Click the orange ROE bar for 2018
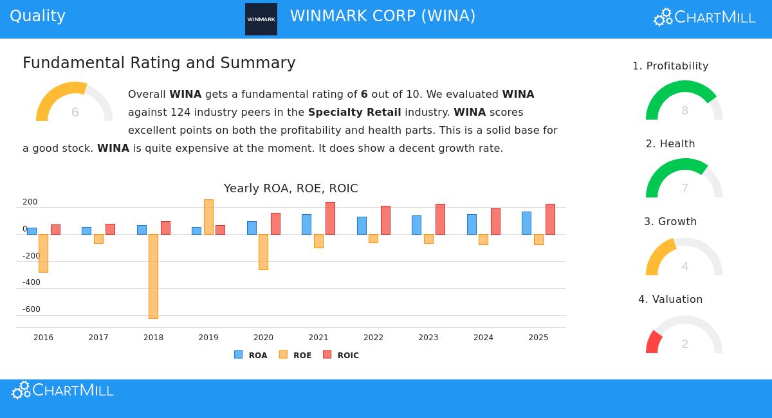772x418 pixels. pos(153,276)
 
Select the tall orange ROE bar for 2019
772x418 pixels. pos(208,217)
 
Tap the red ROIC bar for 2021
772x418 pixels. pos(330,218)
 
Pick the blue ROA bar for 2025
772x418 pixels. pos(526,223)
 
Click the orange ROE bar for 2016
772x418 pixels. pos(43,253)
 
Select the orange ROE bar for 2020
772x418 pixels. pos(263,251)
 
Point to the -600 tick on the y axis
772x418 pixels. pos(31,309)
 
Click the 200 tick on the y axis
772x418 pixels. pos(30,202)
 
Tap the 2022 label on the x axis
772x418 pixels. pos(373,338)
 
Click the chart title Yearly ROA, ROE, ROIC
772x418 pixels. pos(291,188)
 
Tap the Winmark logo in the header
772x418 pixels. pos(261,19)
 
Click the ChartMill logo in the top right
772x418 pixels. pos(704,17)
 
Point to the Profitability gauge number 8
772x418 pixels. pos(685,111)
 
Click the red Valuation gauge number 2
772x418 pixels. pos(685,344)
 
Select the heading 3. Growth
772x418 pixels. pos(670,221)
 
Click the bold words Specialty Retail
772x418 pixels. pos(354,112)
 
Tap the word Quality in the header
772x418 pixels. pos(37,16)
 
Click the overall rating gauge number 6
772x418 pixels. pos(75,113)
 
